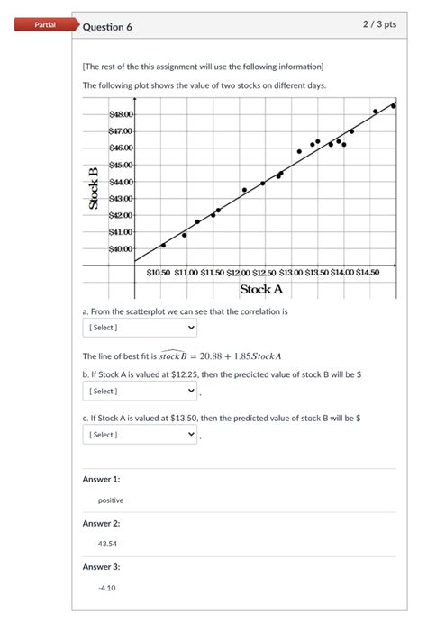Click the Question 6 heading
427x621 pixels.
point(107,27)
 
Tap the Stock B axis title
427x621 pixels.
point(93,188)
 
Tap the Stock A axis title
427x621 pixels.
point(261,290)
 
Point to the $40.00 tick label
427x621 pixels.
point(121,248)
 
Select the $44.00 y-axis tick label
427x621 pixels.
point(121,182)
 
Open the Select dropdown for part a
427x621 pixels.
point(140,328)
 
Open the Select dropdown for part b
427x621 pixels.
point(140,391)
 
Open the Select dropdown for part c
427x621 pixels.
point(140,435)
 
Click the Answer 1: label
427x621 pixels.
point(101,480)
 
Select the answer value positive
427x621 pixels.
point(111,500)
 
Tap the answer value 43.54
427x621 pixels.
point(107,544)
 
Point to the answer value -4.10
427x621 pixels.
point(107,588)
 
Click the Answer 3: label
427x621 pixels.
point(101,567)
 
